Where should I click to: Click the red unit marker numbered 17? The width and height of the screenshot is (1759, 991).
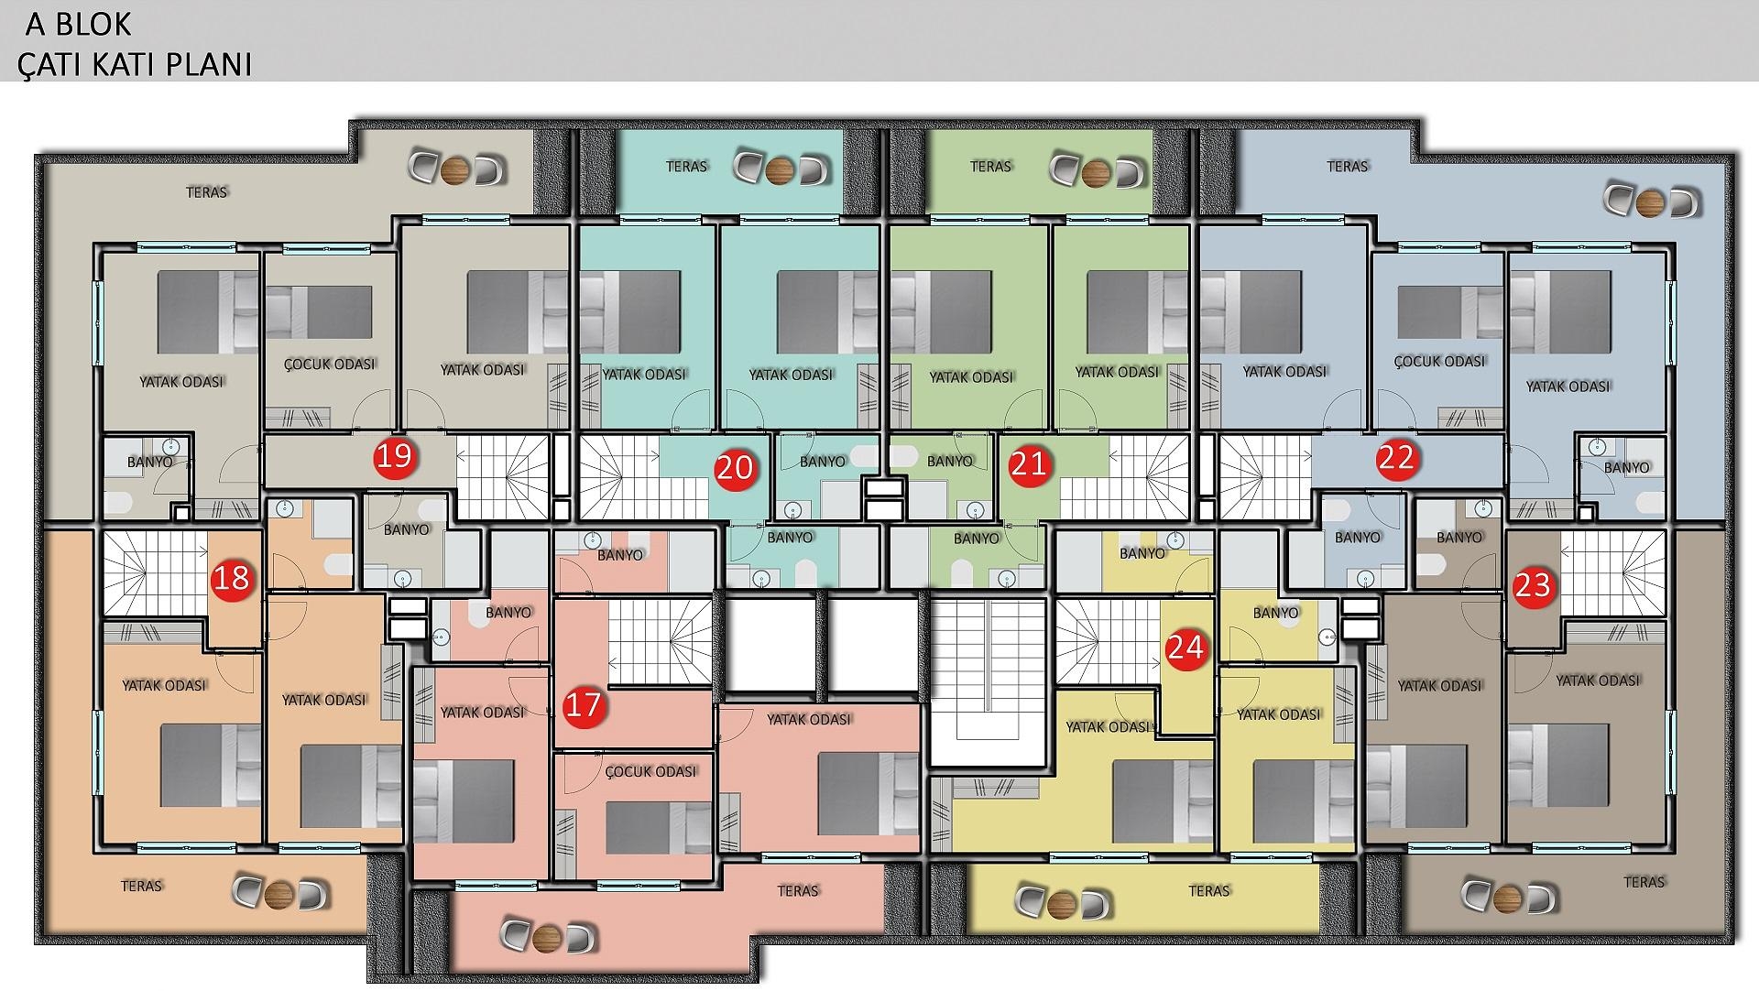tap(584, 704)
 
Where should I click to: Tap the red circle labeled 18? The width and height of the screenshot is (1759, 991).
tap(233, 578)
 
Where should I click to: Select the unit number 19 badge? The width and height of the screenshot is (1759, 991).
tap(395, 455)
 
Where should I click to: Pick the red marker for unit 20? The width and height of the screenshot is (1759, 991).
tap(734, 468)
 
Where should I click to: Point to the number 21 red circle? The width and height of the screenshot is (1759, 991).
tap(1027, 464)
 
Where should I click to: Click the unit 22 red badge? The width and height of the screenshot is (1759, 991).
tap(1396, 457)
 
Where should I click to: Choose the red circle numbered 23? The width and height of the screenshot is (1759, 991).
tap(1533, 585)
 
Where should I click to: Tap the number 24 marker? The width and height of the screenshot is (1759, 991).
tap(1185, 648)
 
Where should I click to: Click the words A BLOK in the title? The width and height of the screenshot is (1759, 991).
tap(79, 24)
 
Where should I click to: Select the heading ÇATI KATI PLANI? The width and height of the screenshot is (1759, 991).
tap(135, 64)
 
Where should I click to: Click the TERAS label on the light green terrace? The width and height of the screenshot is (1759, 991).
tap(990, 166)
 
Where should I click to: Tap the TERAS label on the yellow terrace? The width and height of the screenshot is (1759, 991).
tap(1209, 890)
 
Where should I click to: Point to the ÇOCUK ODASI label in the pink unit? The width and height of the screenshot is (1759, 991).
tap(651, 771)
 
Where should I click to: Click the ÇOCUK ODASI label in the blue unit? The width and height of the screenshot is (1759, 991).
tap(1439, 361)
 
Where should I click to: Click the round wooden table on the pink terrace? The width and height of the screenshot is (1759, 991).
tap(548, 936)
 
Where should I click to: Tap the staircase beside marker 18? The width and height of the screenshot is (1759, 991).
tap(155, 574)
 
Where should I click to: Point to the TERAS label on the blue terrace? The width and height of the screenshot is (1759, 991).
tap(1348, 166)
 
